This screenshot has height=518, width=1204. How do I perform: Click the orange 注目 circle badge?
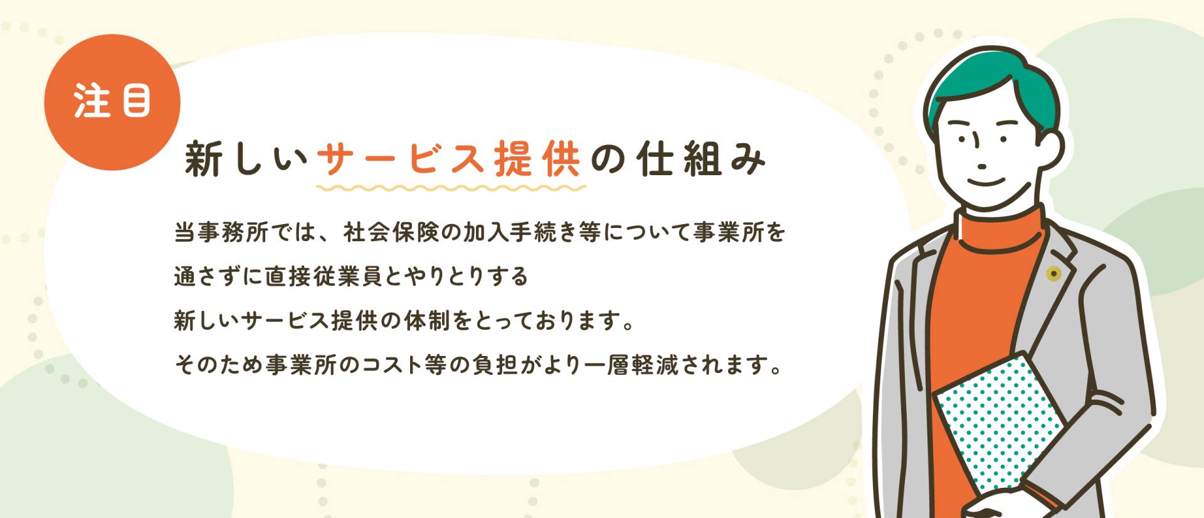tap(112, 102)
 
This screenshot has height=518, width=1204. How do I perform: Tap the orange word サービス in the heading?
tap(402, 159)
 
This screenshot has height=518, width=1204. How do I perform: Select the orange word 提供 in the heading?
tap(537, 159)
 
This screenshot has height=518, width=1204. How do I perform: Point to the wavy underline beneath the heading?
tap(451, 188)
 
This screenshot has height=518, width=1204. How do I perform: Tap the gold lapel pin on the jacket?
tap(1053, 273)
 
